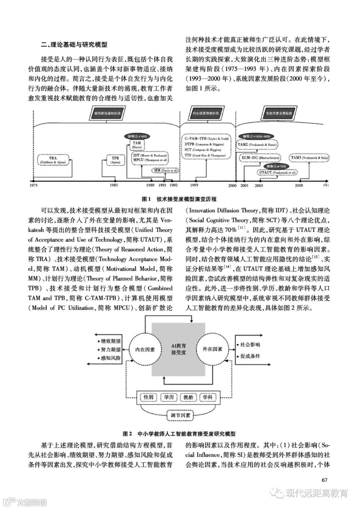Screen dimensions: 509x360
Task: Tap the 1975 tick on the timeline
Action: point(33,185)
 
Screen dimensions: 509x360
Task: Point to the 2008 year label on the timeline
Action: point(299,185)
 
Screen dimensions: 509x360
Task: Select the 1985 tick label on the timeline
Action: point(113,185)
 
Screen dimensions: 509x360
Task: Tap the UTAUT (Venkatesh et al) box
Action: point(277,173)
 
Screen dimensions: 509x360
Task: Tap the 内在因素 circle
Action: point(145,349)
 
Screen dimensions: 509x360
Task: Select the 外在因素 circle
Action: point(212,349)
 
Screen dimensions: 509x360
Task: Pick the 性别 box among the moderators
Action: point(148,397)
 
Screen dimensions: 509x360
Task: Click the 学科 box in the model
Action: point(208,397)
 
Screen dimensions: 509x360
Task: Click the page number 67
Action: point(325,480)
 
